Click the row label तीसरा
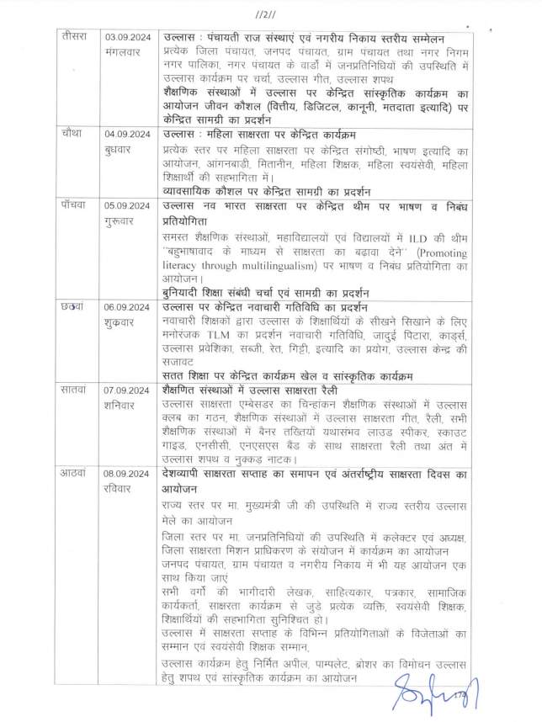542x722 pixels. (x=73, y=37)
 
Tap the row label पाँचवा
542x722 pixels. (x=72, y=205)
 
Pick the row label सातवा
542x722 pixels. (x=72, y=390)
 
